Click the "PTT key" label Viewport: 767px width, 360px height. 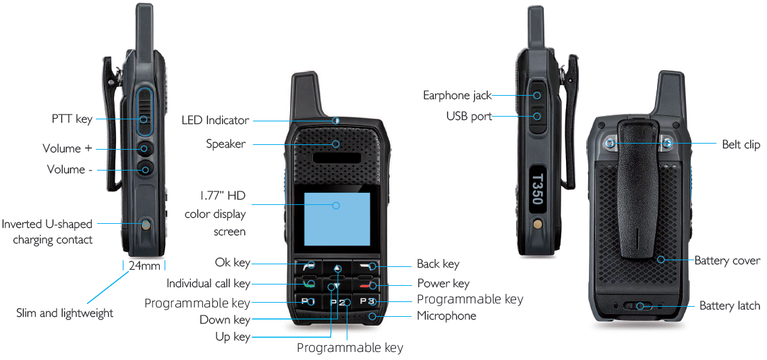tap(72, 119)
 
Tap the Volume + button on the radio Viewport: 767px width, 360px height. tap(145, 149)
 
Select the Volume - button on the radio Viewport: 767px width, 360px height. tap(145, 169)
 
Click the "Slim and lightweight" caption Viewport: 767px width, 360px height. tap(65, 313)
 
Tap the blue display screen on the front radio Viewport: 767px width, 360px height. tap(337, 219)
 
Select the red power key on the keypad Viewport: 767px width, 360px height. tap(366, 285)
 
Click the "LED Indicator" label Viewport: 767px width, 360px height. tap(215, 120)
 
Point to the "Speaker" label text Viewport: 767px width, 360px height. tap(225, 144)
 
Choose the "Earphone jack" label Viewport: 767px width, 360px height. tap(457, 95)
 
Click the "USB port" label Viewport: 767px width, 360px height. tap(469, 117)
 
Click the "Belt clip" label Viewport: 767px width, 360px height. tap(741, 144)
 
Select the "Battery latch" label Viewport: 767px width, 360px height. tap(730, 306)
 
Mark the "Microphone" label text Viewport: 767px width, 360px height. tap(446, 316)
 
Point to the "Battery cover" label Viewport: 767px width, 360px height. tap(727, 260)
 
